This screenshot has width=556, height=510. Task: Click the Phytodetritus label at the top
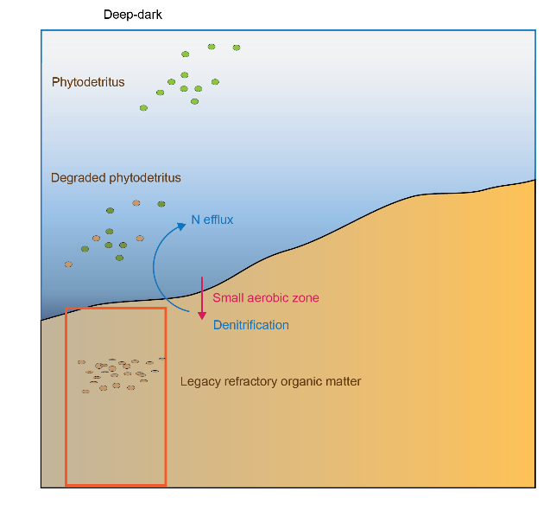pyautogui.click(x=88, y=82)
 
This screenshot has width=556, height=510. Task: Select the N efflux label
pyautogui.click(x=212, y=220)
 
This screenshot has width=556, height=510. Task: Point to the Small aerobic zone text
pyautogui.click(x=266, y=298)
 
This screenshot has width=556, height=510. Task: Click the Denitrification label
pyautogui.click(x=251, y=325)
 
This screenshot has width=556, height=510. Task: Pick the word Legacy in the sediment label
pyautogui.click(x=199, y=381)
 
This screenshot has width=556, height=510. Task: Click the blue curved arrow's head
pyautogui.click(x=182, y=226)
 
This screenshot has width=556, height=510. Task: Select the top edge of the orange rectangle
pyautogui.click(x=116, y=308)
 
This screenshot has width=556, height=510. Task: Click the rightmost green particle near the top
pyautogui.click(x=237, y=48)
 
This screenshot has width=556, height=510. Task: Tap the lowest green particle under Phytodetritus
pyautogui.click(x=143, y=108)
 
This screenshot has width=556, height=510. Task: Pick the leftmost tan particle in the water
pyautogui.click(x=68, y=265)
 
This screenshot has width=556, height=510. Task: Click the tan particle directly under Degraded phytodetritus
pyautogui.click(x=136, y=203)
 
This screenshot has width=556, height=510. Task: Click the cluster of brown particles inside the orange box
pyautogui.click(x=120, y=374)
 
